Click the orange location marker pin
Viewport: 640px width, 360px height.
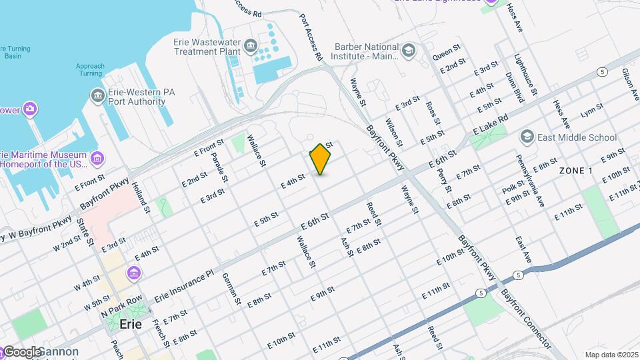pyautogui.click(x=321, y=159)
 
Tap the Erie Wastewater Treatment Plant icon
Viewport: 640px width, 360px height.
pyautogui.click(x=250, y=46)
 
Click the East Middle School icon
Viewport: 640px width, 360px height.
pyautogui.click(x=527, y=137)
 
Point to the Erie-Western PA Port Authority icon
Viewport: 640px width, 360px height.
pyautogui.click(x=98, y=97)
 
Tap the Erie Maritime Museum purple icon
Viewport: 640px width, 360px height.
pyautogui.click(x=97, y=159)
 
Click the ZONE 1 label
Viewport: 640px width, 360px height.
pyautogui.click(x=576, y=171)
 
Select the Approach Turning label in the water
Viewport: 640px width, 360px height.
pyautogui.click(x=90, y=70)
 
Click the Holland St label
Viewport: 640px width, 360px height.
pyautogui.click(x=139, y=197)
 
